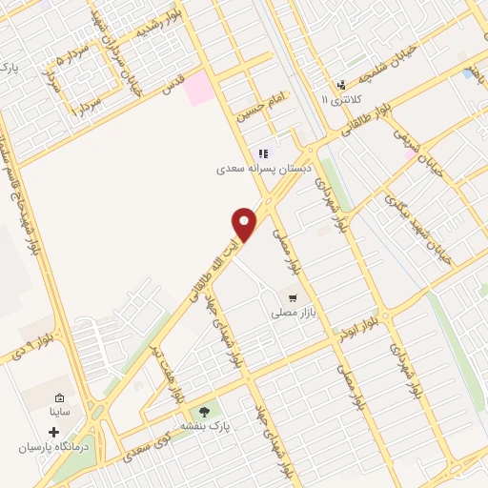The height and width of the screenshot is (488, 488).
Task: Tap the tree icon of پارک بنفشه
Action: [204, 412]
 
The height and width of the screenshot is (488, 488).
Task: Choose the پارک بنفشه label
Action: [200, 427]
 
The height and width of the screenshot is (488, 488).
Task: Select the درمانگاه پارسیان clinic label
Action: [53, 447]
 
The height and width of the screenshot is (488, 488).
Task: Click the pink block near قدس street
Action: [199, 89]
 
